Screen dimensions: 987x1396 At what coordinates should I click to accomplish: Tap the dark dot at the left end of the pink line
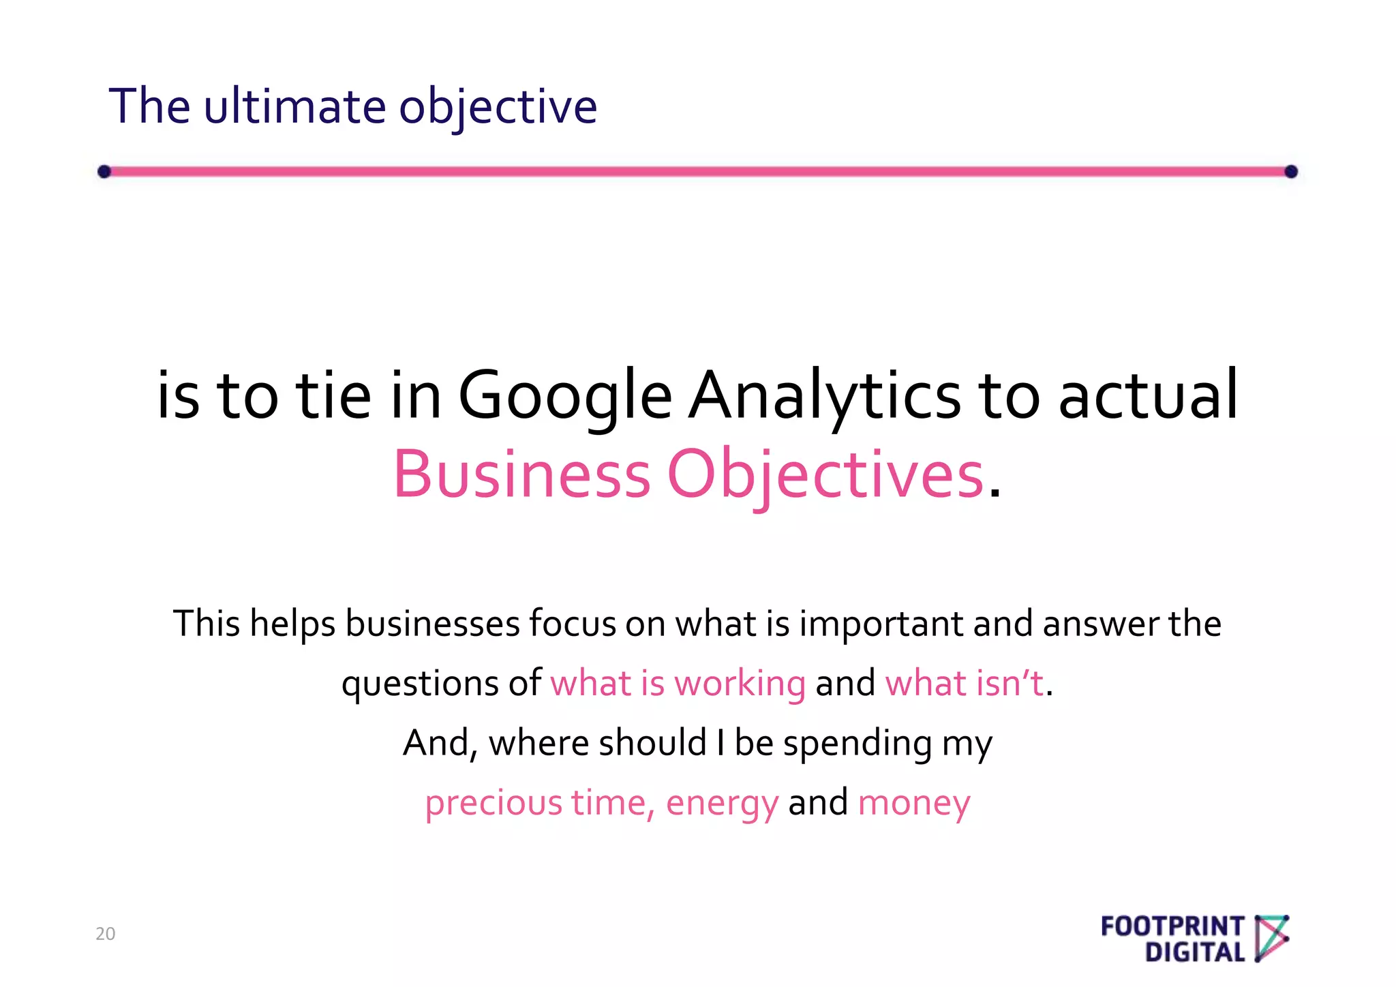104,171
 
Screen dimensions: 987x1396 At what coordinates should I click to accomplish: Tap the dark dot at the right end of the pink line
1290,171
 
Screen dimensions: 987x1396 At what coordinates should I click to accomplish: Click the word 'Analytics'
824,395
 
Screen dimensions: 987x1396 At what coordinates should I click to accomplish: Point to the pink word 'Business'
521,474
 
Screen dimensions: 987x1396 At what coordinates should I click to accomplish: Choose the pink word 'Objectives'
825,474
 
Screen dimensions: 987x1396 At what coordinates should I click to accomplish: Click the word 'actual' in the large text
1148,395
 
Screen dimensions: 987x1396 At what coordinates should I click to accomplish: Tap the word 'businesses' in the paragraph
433,624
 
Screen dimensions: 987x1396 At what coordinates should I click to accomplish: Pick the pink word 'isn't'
1010,684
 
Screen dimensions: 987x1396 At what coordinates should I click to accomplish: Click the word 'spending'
858,743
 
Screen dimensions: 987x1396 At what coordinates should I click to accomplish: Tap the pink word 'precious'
494,803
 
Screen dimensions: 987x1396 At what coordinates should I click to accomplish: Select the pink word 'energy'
722,803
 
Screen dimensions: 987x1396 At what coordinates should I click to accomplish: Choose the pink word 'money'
914,803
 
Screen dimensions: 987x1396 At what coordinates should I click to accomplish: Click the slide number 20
106,934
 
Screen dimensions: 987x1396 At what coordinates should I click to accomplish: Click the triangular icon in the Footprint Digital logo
1271,938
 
